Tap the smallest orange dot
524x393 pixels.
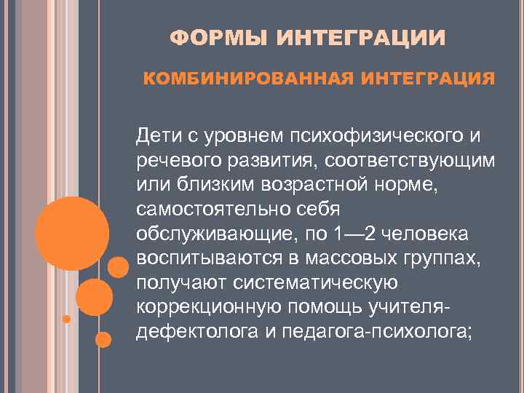[x=66, y=319]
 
